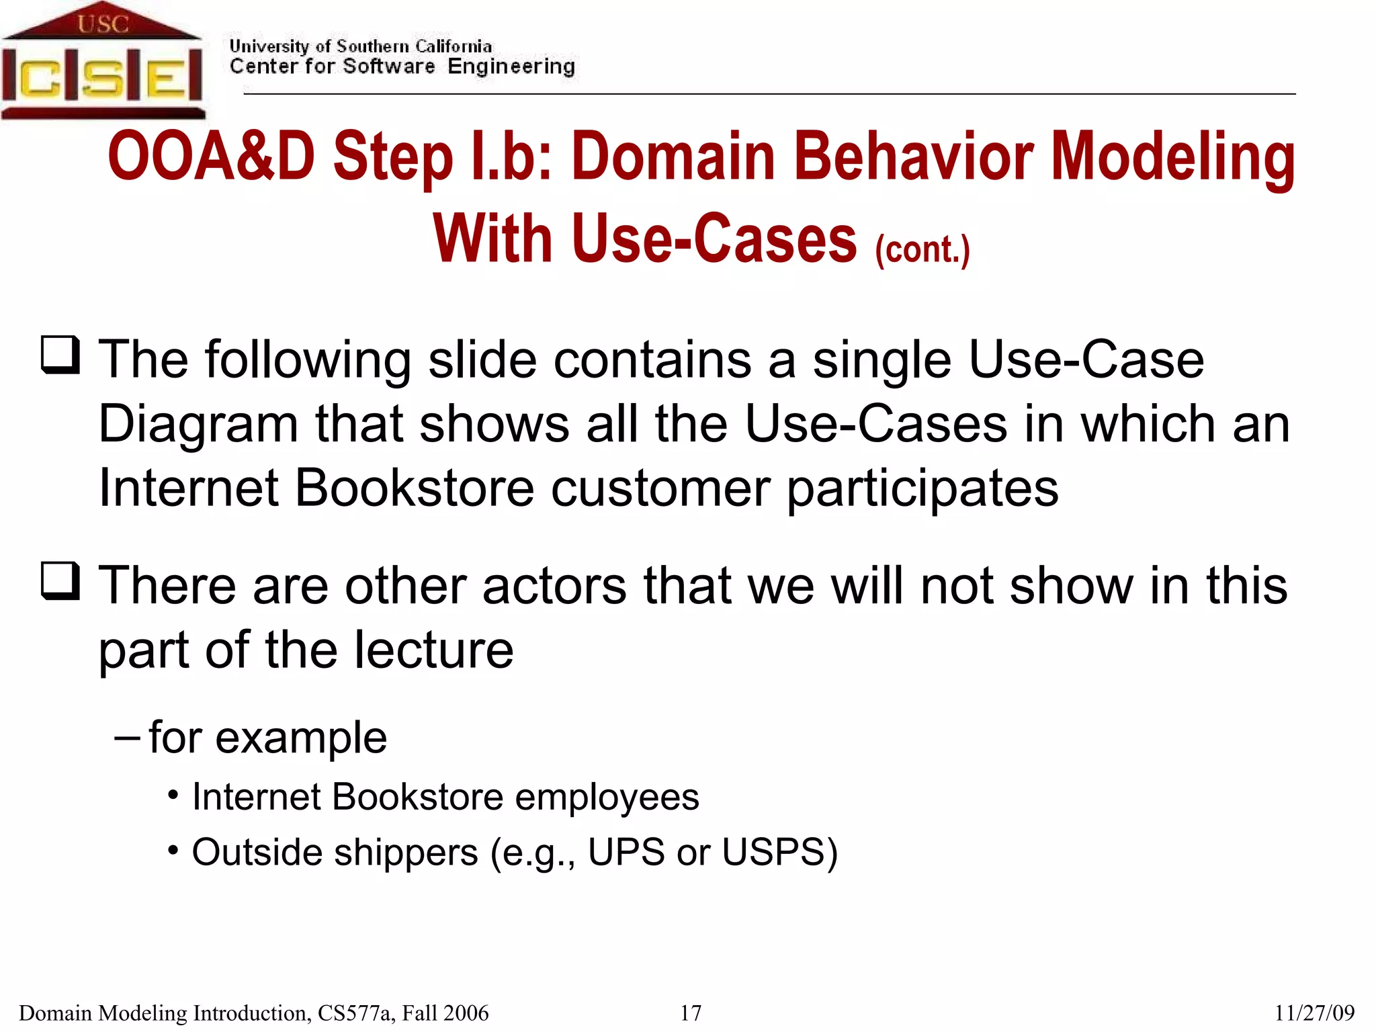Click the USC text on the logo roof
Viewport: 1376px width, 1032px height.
click(102, 24)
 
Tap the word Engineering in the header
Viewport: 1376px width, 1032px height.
click(511, 67)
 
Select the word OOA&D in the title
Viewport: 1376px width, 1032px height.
click(211, 156)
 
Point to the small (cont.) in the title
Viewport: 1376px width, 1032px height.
click(922, 249)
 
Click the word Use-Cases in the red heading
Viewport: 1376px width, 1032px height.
click(714, 239)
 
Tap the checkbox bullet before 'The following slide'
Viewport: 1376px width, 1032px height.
click(60, 354)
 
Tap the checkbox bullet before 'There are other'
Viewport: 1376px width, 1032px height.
click(60, 580)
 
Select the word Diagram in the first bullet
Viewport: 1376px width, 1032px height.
click(198, 425)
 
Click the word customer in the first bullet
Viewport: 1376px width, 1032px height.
click(660, 488)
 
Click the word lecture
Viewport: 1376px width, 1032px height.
click(433, 650)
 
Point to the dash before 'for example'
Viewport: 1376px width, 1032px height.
click(127, 737)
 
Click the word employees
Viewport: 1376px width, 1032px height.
click(607, 797)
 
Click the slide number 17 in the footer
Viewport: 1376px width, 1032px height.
click(691, 1013)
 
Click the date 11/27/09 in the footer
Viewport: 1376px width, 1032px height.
click(1314, 1013)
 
